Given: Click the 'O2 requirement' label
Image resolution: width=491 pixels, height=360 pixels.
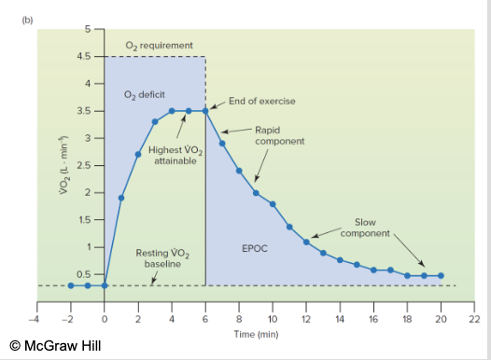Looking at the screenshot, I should pyautogui.click(x=160, y=44).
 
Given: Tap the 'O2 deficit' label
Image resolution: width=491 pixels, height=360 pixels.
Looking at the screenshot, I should pyautogui.click(x=144, y=95).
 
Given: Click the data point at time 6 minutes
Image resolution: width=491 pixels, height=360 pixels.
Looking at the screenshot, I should pyautogui.click(x=205, y=111).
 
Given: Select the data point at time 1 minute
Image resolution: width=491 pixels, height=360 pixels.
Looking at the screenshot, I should pyautogui.click(x=121, y=198).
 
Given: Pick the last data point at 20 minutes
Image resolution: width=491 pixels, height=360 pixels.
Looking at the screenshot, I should pyautogui.click(x=441, y=276).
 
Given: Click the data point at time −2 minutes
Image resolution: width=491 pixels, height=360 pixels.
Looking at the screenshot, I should pyautogui.click(x=71, y=285).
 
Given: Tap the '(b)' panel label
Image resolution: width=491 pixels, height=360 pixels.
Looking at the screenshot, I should pyautogui.click(x=13, y=15).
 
